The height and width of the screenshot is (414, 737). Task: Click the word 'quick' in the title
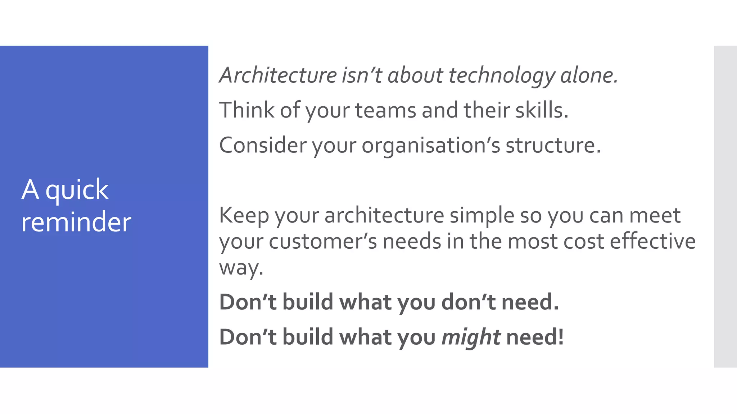click(x=77, y=190)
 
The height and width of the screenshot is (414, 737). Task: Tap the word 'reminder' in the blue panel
click(x=76, y=222)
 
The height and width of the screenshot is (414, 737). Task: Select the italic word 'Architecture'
click(x=278, y=75)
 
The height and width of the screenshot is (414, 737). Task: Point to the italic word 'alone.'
click(x=589, y=75)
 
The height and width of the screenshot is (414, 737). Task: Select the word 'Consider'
click(x=262, y=145)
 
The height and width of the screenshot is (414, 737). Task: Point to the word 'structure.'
click(x=553, y=145)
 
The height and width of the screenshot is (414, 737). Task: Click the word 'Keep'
click(x=244, y=215)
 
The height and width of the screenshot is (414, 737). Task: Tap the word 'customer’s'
click(x=323, y=241)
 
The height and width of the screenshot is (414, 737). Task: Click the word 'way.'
click(x=241, y=267)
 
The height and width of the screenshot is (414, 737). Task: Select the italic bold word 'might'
click(x=471, y=337)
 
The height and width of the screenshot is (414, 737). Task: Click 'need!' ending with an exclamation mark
click(x=535, y=337)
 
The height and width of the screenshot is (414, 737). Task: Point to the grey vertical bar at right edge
click(x=725, y=206)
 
